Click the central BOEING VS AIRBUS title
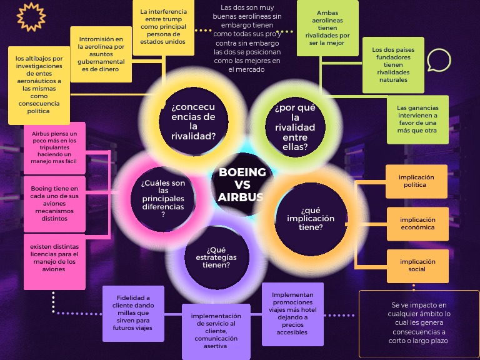[241, 184]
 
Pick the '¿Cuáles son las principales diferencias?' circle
[162, 198]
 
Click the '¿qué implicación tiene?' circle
[311, 219]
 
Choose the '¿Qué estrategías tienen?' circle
[216, 257]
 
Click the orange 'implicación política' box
[416, 181]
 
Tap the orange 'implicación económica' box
[417, 224]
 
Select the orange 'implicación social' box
[417, 266]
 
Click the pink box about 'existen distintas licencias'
[54, 262]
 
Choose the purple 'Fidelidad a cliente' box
[133, 313]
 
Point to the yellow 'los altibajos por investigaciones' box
[39, 85]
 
